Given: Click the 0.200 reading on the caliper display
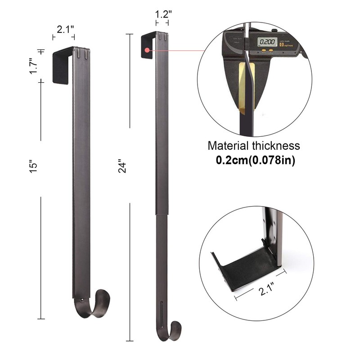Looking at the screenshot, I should pyautogui.click(x=266, y=42).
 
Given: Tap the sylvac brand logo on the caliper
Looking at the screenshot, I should pyautogui.click(x=288, y=44).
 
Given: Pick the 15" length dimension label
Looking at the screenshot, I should pyautogui.click(x=38, y=166).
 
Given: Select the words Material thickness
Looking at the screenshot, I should pyautogui.click(x=253, y=146).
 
